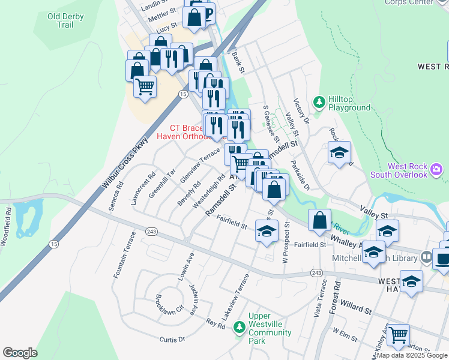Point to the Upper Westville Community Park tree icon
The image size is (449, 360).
click(x=240, y=327)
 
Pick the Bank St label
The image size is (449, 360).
click(x=238, y=62)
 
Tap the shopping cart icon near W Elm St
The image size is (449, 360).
click(x=397, y=334)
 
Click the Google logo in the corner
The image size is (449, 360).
click(x=20, y=353)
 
